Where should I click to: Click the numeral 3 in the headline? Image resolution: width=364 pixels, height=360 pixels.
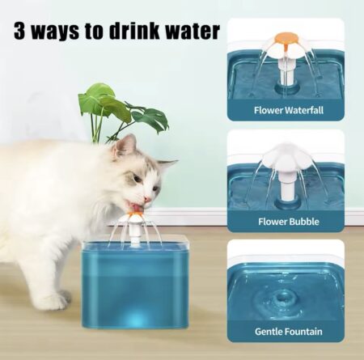(x=20, y=32)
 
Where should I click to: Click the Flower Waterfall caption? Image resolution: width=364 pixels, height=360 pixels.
(x=286, y=109)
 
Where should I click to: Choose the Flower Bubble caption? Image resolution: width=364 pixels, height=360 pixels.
(x=286, y=220)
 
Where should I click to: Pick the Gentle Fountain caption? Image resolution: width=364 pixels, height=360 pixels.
(x=286, y=331)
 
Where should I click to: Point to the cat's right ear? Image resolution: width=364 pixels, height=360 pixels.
(x=167, y=165)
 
